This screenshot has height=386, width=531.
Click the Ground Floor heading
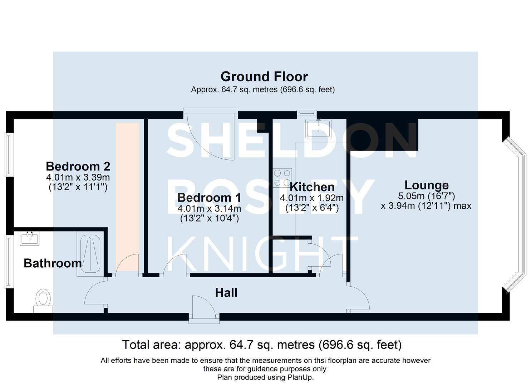click(264, 76)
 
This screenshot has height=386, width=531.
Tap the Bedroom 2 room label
click(78, 166)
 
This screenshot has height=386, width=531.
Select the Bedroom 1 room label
click(209, 197)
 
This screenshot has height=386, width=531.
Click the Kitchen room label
click(312, 187)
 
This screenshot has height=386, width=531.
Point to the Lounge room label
click(426, 185)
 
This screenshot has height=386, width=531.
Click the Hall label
click(226, 293)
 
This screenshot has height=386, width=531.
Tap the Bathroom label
click(53, 263)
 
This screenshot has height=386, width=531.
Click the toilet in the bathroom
click(43, 300)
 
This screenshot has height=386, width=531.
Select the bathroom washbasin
click(29, 238)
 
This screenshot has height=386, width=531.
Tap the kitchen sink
click(318, 128)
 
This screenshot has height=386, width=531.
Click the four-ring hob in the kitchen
click(282, 178)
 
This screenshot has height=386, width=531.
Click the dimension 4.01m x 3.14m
click(209, 208)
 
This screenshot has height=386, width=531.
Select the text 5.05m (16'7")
click(426, 196)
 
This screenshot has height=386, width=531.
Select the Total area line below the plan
click(262, 345)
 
